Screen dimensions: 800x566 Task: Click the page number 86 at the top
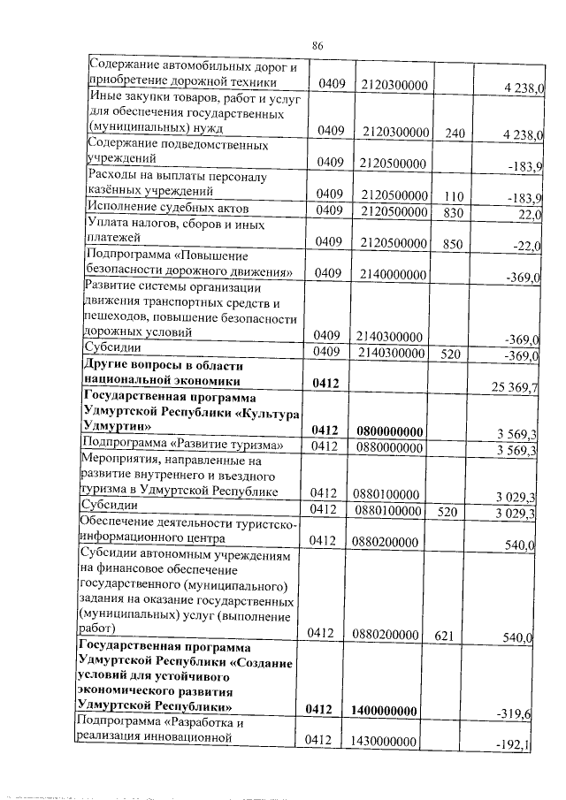click(319, 45)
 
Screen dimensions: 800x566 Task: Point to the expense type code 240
click(455, 133)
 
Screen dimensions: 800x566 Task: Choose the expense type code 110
click(455, 194)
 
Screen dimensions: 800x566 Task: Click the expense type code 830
click(455, 210)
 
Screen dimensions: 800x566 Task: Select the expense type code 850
click(455, 241)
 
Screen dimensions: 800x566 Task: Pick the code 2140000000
click(394, 275)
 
